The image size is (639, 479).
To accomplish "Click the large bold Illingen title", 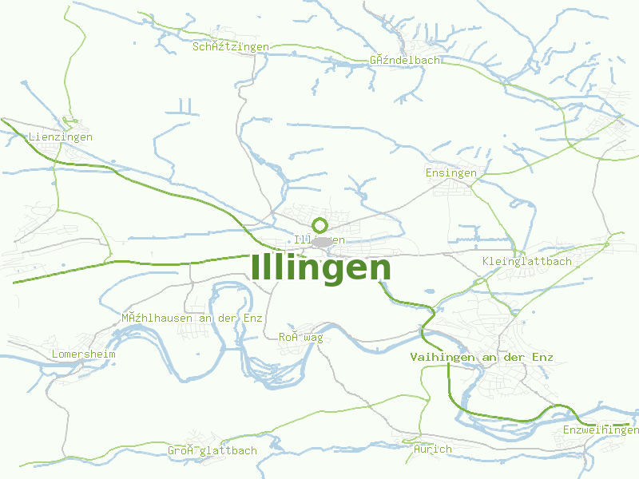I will pos(321,267).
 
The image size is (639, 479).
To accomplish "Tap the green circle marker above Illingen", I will pos(320,225).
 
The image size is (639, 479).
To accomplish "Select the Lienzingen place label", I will pos(60,137).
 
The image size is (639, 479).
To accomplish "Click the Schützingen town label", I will pos(230,47).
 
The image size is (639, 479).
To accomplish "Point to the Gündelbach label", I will pos(404,60).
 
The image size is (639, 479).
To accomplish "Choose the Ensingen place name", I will pos(450,172).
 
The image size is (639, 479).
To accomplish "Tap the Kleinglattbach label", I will pos(527,261).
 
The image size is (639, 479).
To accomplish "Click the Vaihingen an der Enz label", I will pos(481,357).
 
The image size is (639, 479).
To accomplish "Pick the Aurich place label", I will pos(433,449).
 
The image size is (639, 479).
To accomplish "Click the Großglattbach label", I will pos(212,450).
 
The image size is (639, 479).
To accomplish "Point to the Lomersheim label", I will pos(83,354).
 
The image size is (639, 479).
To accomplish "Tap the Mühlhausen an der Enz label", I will pos(192,318).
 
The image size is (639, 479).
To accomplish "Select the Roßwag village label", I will pos(300,338).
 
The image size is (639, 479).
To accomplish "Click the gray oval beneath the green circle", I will pos(322,241).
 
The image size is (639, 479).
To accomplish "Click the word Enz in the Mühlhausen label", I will pos(252,318).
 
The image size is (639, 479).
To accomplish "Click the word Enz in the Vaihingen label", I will pos(542,357).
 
